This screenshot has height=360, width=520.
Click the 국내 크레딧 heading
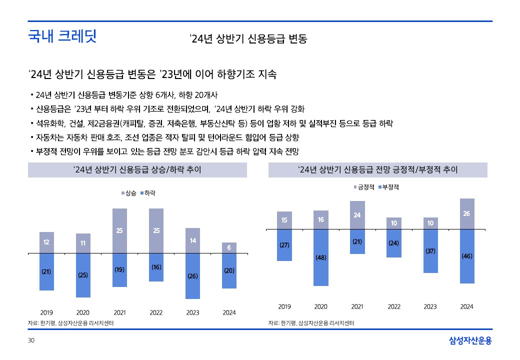[x=62, y=36]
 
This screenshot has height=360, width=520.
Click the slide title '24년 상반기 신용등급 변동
[x=248, y=39]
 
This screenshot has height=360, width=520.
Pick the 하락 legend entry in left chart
[x=148, y=193]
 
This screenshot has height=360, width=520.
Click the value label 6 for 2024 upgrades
[x=229, y=247]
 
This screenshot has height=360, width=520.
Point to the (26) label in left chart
[x=192, y=275]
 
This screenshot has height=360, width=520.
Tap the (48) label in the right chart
[x=320, y=257]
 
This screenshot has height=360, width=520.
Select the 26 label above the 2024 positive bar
[x=466, y=213]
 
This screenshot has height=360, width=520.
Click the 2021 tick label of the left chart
[x=119, y=312]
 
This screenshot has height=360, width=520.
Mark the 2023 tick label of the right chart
[x=430, y=306]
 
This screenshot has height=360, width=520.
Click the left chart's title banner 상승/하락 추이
[x=137, y=170]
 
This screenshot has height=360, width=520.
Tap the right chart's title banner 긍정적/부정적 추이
[x=377, y=170]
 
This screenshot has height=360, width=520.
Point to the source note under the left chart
[x=70, y=323]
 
